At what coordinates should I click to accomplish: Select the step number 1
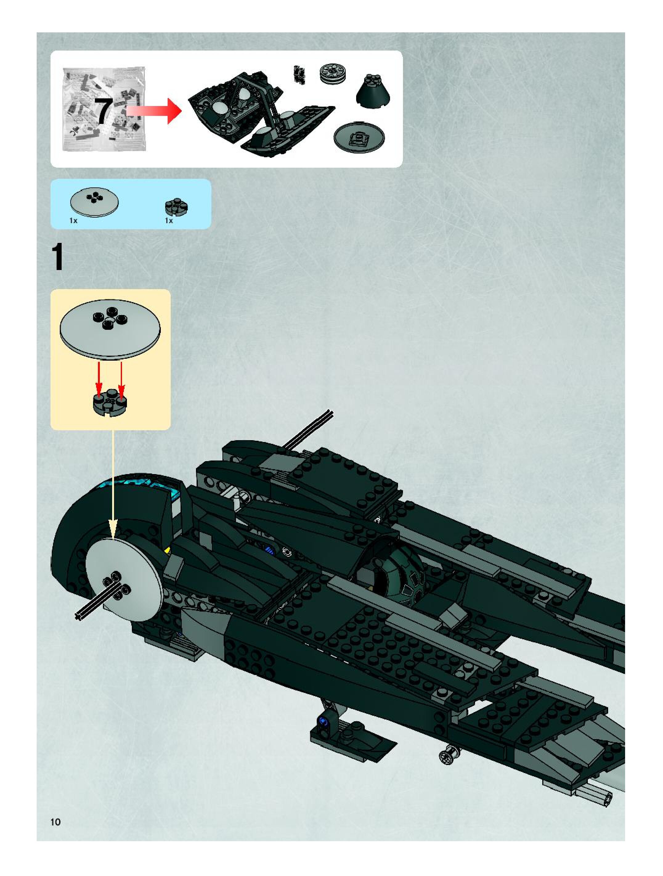pos(58,257)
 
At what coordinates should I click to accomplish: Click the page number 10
pos(55,822)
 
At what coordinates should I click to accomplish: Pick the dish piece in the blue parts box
pos(94,202)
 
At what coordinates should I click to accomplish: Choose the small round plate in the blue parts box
pos(176,207)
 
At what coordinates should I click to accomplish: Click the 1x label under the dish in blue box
pos(73,221)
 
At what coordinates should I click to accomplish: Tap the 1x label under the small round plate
pos(169,221)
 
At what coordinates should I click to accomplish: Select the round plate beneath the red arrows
pos(110,402)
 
